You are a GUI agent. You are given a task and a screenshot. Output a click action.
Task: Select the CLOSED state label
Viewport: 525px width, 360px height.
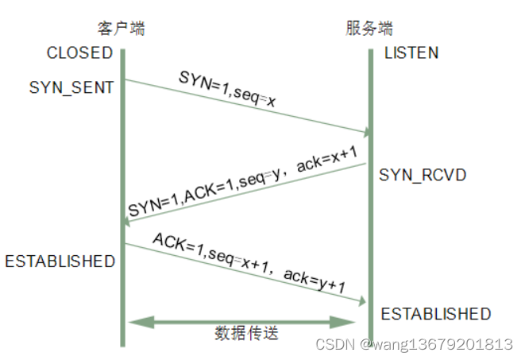79,53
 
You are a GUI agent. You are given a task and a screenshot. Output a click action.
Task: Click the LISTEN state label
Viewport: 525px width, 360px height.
411,53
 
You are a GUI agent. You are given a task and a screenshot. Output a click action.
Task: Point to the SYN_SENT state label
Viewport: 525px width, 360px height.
71,87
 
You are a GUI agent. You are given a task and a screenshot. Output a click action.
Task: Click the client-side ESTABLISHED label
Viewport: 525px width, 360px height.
60,261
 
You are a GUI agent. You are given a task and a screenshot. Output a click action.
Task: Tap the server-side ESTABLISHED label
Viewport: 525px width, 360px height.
436,314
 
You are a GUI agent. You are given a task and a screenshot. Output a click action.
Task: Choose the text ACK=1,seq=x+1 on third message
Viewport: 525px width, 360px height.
213,252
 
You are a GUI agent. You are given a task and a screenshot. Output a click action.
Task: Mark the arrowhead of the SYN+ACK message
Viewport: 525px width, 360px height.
127,222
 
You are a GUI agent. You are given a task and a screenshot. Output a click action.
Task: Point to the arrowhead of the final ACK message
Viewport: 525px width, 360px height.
364,301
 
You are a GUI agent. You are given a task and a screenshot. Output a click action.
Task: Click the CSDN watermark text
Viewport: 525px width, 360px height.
413,344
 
